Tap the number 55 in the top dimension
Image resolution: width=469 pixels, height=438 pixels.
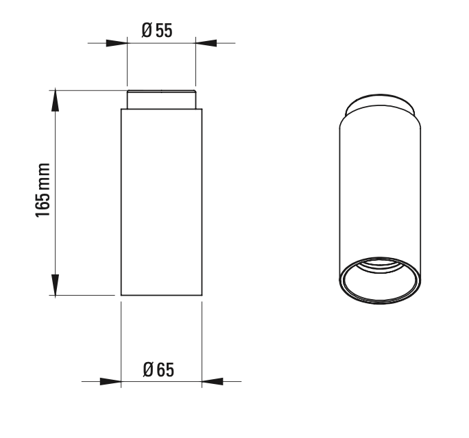[163, 31]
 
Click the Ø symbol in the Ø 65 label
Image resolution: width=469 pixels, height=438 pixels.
[149, 370]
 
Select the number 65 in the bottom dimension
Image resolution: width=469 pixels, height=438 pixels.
[165, 370]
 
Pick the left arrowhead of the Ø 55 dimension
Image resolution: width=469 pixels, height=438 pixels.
[117, 44]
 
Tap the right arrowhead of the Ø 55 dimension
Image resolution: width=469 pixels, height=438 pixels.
[206, 44]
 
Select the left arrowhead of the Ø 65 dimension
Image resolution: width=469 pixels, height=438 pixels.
[110, 381]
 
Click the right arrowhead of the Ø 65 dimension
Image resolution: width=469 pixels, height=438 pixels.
[213, 381]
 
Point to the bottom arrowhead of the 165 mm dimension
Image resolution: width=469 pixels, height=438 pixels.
[56, 284]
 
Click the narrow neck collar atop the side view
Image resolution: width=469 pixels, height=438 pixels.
[161, 100]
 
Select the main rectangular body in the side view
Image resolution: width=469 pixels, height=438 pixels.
[161, 202]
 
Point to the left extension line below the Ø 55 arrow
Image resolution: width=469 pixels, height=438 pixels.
[127, 68]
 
